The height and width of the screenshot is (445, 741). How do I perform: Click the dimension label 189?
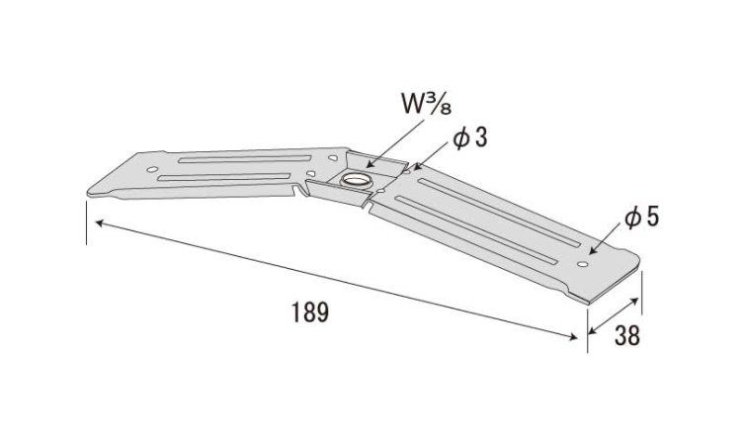click(309, 312)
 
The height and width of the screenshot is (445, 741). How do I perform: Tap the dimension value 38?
click(627, 335)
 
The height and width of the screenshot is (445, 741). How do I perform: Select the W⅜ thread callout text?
click(426, 104)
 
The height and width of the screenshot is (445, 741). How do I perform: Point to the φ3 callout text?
click(469, 137)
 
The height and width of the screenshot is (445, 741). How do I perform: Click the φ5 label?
click(642, 218)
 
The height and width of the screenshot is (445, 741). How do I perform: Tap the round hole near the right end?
click(583, 264)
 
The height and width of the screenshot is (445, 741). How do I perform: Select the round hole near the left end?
click(152, 169)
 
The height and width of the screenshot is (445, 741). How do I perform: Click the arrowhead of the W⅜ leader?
click(370, 165)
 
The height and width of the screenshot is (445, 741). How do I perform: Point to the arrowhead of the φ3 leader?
click(416, 167)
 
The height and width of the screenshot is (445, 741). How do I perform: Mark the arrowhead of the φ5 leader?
click(592, 252)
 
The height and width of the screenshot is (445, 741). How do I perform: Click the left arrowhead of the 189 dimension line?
click(98, 222)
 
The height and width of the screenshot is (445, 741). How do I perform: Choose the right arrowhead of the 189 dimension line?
click(573, 336)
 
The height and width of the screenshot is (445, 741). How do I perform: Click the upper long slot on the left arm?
click(245, 159)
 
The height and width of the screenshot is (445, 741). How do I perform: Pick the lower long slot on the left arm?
click(224, 177)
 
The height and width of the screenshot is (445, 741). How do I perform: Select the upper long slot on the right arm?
click(499, 213)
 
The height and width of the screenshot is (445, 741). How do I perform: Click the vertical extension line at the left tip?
click(87, 222)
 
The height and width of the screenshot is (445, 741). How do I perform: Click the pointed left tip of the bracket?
click(89, 193)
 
